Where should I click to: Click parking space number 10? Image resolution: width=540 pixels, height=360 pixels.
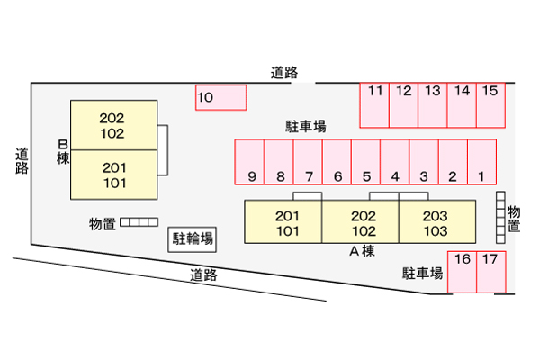pos(220,97)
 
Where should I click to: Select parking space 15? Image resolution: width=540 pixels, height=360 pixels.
pos(490,104)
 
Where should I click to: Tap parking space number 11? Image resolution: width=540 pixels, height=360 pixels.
pos(375,104)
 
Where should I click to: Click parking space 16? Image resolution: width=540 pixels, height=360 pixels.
pos(463,272)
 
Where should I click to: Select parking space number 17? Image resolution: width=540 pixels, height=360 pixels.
pos(490,272)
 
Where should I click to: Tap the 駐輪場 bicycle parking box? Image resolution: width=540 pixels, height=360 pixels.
pos(193,238)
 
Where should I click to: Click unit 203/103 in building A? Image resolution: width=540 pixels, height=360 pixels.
pos(435,222)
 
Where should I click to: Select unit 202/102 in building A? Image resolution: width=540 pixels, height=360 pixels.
pos(362,222)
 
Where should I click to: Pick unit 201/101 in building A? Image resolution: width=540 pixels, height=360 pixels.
pos(285,222)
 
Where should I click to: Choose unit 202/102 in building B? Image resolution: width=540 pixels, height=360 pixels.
pos(113,126)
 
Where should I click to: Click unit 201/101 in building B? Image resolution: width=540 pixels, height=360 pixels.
pos(113,175)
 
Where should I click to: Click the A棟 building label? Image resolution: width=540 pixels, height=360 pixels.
pos(362,252)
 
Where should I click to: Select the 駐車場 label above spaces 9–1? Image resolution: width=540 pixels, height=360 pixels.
pos(306,127)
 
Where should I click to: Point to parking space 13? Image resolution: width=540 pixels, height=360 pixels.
pos(433,104)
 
